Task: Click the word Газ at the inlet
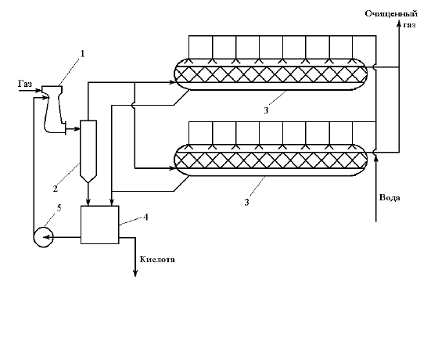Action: pyautogui.click(x=25, y=84)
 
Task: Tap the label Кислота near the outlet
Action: pyautogui.click(x=157, y=259)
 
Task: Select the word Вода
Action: pyautogui.click(x=390, y=197)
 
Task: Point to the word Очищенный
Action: pyautogui.click(x=391, y=14)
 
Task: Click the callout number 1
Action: pyautogui.click(x=82, y=53)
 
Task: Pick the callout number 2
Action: pyautogui.click(x=56, y=189)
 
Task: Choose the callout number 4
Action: pyautogui.click(x=145, y=217)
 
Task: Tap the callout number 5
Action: pyautogui.click(x=59, y=208)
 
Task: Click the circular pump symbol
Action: pyautogui.click(x=43, y=237)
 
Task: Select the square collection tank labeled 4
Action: pyautogui.click(x=100, y=225)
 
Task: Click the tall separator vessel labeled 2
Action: pyautogui.click(x=88, y=152)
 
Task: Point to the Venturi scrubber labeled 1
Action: pyautogui.click(x=54, y=110)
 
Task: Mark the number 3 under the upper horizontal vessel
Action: pyautogui.click(x=266, y=110)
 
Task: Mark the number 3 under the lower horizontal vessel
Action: pyautogui.click(x=246, y=202)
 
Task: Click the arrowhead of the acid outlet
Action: pyautogui.click(x=135, y=273)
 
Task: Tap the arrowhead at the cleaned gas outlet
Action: pyautogui.click(x=399, y=24)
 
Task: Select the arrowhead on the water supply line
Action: pyautogui.click(x=376, y=158)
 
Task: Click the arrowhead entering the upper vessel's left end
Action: pyautogui.click(x=172, y=82)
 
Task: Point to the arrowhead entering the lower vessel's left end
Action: pyautogui.click(x=172, y=168)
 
